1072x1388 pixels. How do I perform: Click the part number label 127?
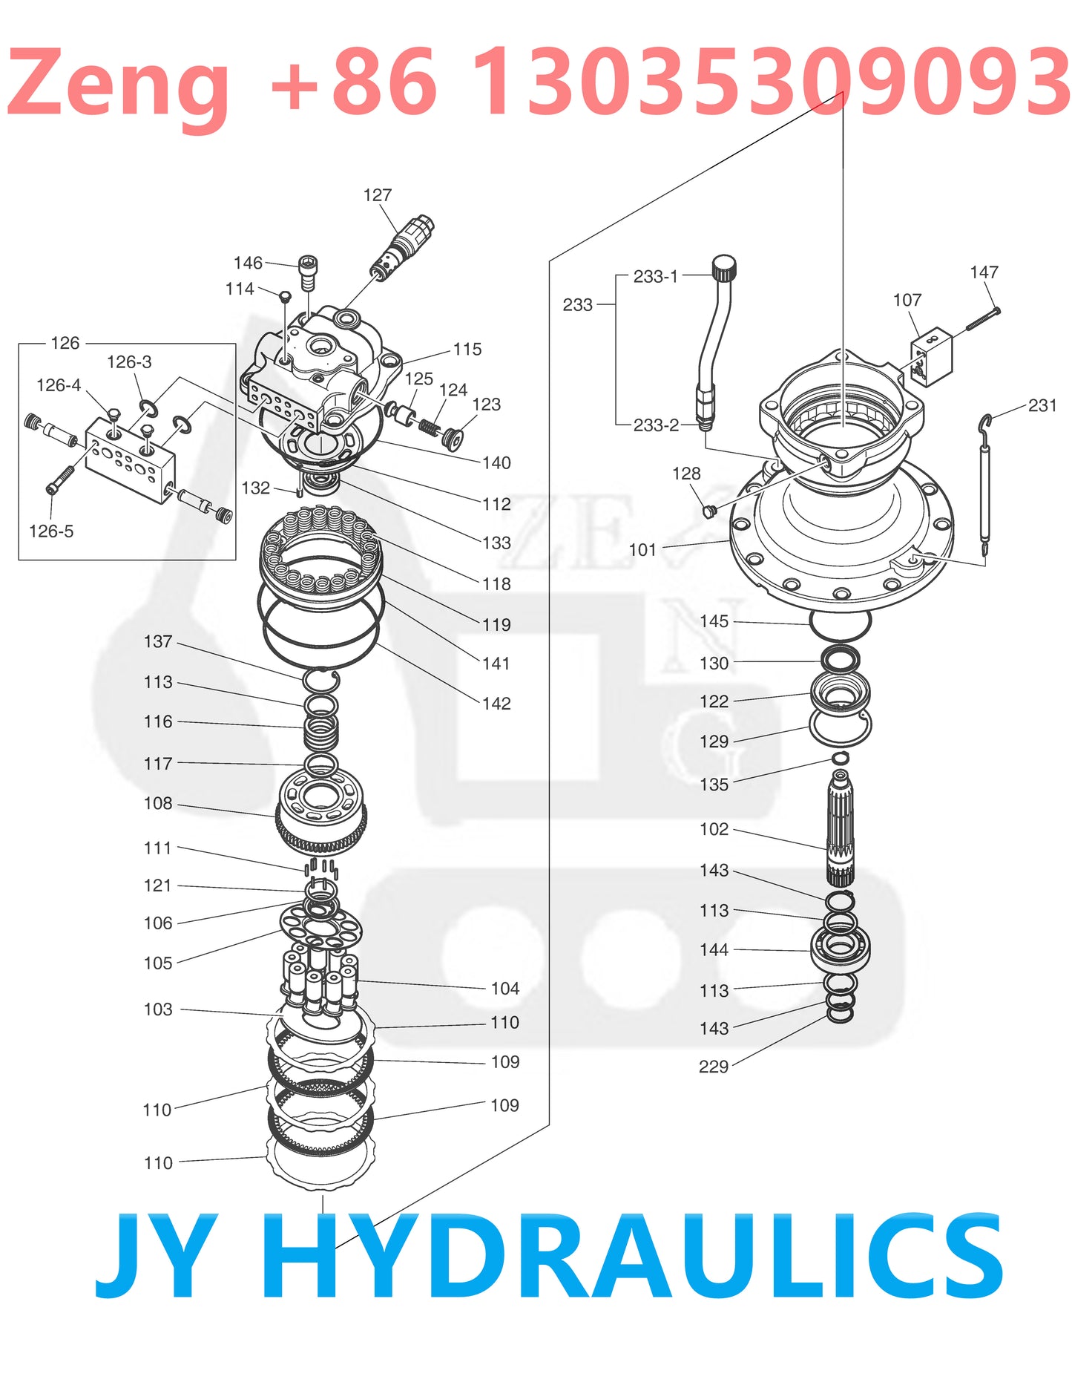tap(377, 195)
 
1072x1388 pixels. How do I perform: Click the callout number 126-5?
tap(51, 531)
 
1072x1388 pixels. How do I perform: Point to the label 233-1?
tap(655, 277)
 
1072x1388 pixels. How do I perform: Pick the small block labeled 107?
tap(932, 356)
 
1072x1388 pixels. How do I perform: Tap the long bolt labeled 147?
tap(983, 320)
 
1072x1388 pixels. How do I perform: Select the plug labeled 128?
tap(709, 511)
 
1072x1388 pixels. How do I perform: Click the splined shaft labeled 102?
tap(840, 828)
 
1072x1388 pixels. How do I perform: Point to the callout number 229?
tap(714, 1067)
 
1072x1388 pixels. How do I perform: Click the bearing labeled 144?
tap(840, 948)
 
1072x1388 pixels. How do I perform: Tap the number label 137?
tap(158, 642)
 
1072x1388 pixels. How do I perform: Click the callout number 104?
tap(505, 989)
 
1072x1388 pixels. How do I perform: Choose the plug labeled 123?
tap(453, 439)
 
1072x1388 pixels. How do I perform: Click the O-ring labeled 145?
tap(840, 624)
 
